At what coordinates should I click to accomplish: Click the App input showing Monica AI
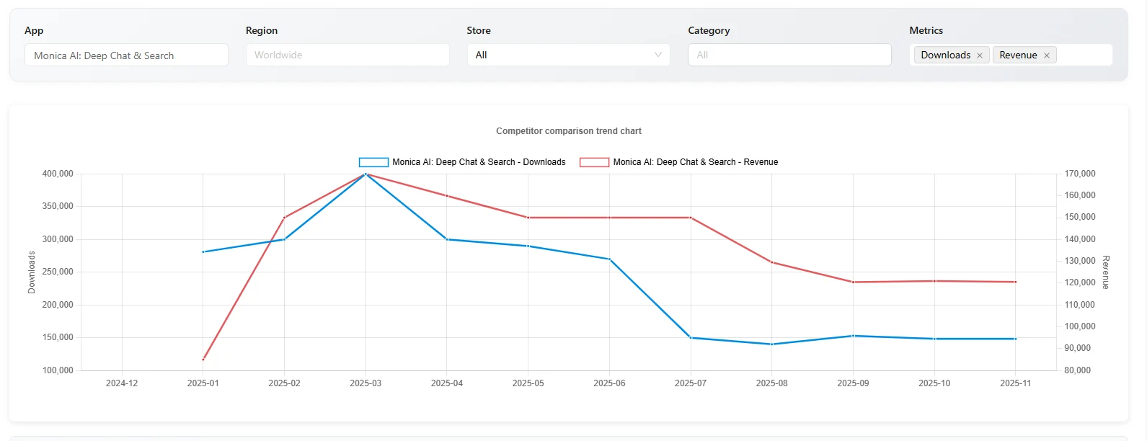[126, 55]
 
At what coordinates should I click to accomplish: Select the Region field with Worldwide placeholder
[347, 55]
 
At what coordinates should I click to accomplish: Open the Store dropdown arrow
[657, 55]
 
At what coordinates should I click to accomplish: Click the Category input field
[789, 55]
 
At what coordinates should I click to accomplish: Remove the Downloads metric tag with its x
[980, 55]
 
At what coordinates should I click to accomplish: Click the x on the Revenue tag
[1047, 55]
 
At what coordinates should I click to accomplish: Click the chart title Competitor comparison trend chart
[568, 131]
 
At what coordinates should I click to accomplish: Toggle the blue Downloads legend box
[373, 162]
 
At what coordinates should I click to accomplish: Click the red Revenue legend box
[594, 162]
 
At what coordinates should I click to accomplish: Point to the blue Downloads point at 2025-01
[203, 251]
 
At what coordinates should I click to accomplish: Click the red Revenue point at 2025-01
[203, 359]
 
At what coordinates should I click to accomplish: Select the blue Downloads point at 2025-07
[691, 337]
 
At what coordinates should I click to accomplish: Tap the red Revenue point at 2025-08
[772, 262]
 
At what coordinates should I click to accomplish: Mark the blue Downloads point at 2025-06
[609, 259]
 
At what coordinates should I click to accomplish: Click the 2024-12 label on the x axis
[122, 383]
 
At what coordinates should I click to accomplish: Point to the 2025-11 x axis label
[1015, 383]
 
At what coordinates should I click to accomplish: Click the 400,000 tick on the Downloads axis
[58, 174]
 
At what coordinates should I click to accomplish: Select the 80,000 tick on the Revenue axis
[1078, 370]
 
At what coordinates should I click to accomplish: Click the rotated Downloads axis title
[32, 272]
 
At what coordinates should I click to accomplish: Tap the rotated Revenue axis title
[1106, 272]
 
